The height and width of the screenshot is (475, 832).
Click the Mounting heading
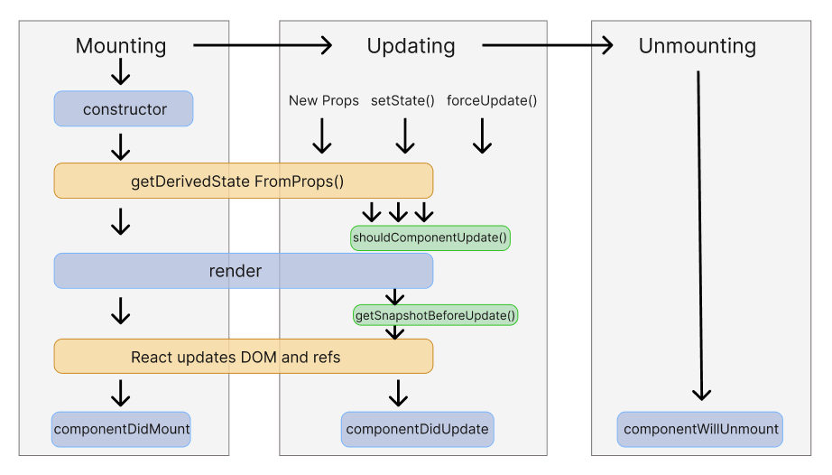pos(121,46)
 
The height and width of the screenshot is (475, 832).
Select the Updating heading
pos(411,46)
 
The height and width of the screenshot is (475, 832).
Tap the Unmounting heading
pos(697,46)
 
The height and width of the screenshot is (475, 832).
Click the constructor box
pos(125,109)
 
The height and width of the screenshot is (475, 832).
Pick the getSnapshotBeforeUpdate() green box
pos(435,315)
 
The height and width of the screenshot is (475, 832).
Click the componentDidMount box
pos(122,429)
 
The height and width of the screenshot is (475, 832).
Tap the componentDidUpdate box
pos(417,429)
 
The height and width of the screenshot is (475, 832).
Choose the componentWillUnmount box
pos(700,429)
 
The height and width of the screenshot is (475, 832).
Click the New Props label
pos(323,100)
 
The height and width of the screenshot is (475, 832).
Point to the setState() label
pos(402,100)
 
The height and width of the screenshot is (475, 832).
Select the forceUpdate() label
pos(492,100)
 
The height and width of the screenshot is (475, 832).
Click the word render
pos(236,271)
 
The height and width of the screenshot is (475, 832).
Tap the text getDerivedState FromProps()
pos(237,181)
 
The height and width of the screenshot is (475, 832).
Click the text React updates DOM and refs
pos(236,357)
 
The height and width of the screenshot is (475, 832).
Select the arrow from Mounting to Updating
pos(263,45)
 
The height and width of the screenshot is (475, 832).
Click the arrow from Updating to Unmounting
pos(547,45)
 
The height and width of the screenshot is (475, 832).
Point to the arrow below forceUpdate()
pos(482,135)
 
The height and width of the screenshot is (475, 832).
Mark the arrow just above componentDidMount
pos(120,393)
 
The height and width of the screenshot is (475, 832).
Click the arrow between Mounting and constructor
pos(120,71)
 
